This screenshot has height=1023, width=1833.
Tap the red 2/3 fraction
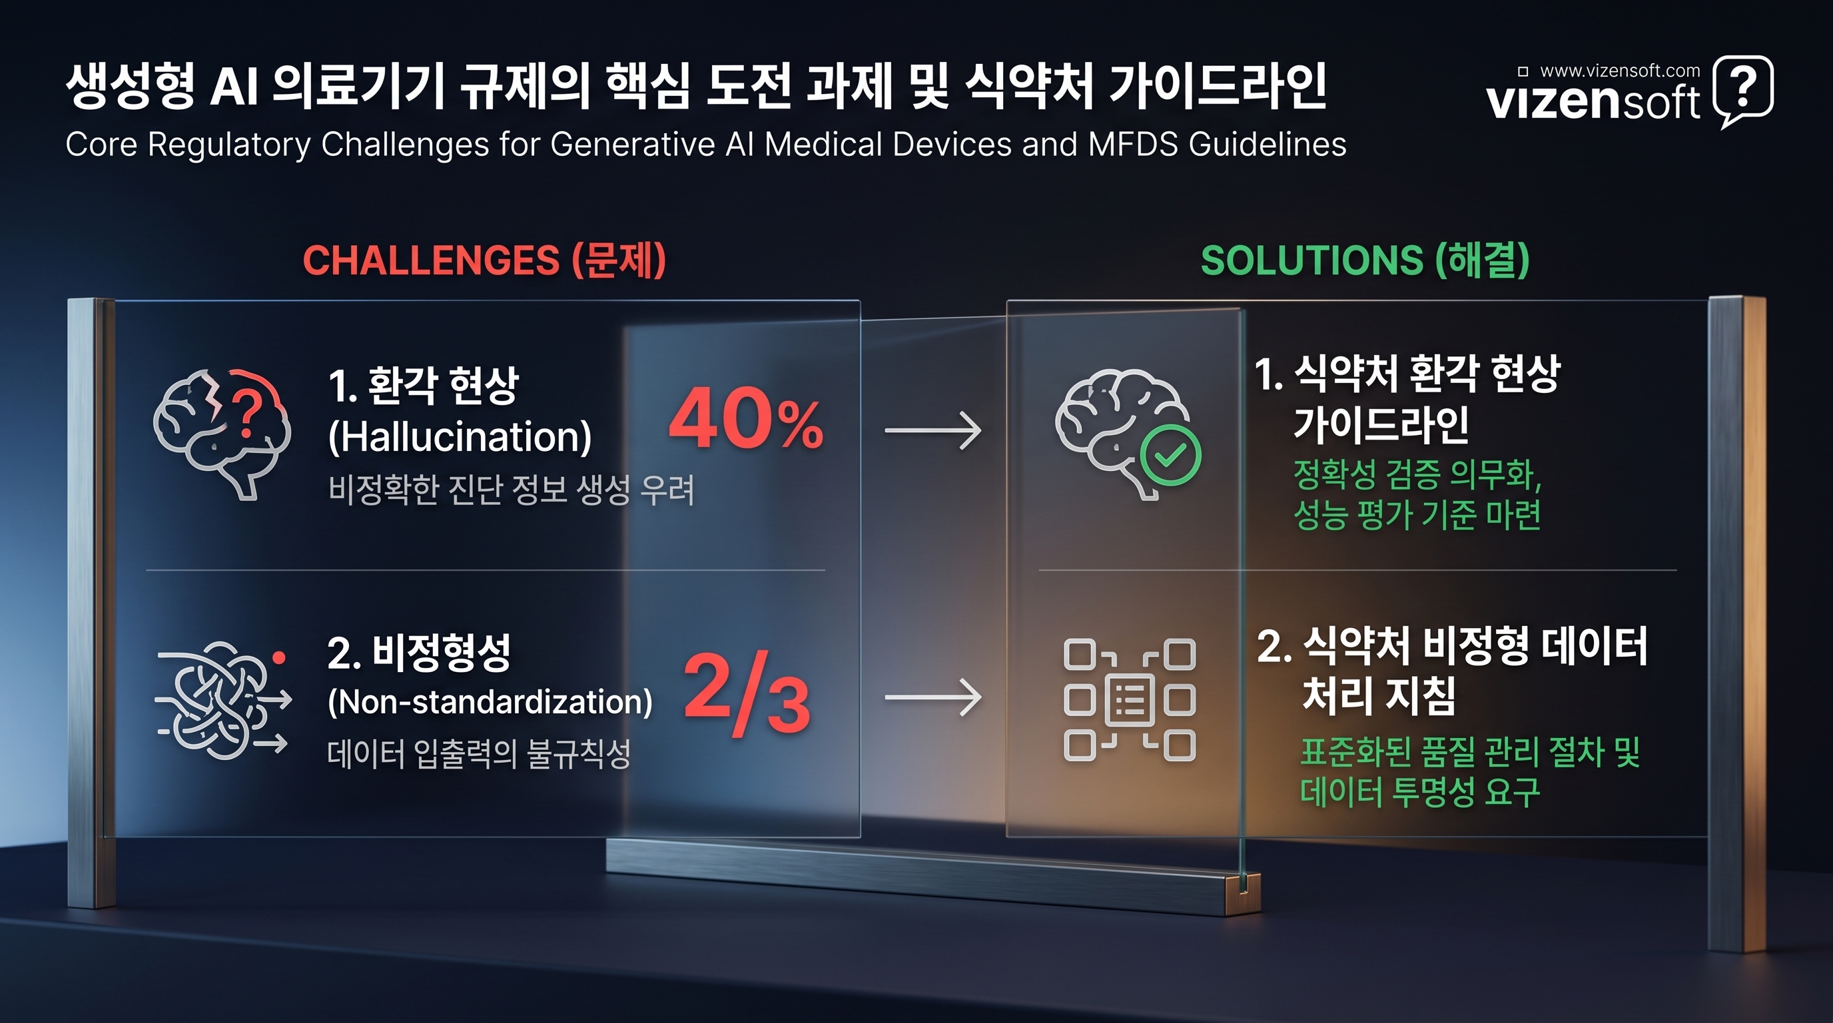[x=747, y=692]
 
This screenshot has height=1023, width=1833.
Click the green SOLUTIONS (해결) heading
[x=1365, y=260]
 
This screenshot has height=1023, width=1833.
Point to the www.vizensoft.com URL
[x=1620, y=71]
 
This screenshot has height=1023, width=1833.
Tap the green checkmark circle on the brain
[x=1170, y=456]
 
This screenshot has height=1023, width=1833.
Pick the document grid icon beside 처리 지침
[x=1129, y=700]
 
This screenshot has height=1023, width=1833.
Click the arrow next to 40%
[x=933, y=430]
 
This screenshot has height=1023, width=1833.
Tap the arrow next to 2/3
[x=933, y=697]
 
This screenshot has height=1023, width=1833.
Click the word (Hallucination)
[x=460, y=437]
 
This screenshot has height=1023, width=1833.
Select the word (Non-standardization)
[x=490, y=702]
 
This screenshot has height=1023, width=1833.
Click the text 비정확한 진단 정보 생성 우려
[x=511, y=490]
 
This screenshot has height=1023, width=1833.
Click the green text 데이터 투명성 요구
[x=1419, y=792]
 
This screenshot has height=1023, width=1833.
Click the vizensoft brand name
[x=1593, y=103]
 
